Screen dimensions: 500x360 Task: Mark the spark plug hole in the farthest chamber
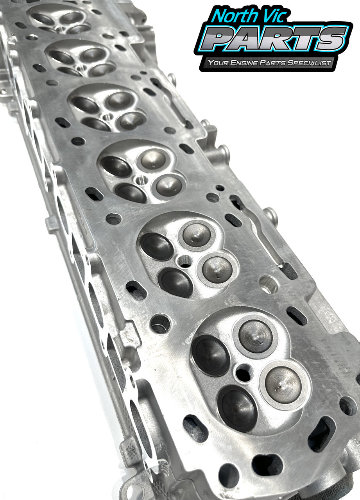click(59, 28)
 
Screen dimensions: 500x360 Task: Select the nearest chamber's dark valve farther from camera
click(210, 354)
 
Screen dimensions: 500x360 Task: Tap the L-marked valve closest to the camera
click(283, 384)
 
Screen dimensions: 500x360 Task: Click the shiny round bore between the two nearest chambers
click(269, 285)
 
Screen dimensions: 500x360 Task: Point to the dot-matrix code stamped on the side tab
click(132, 451)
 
